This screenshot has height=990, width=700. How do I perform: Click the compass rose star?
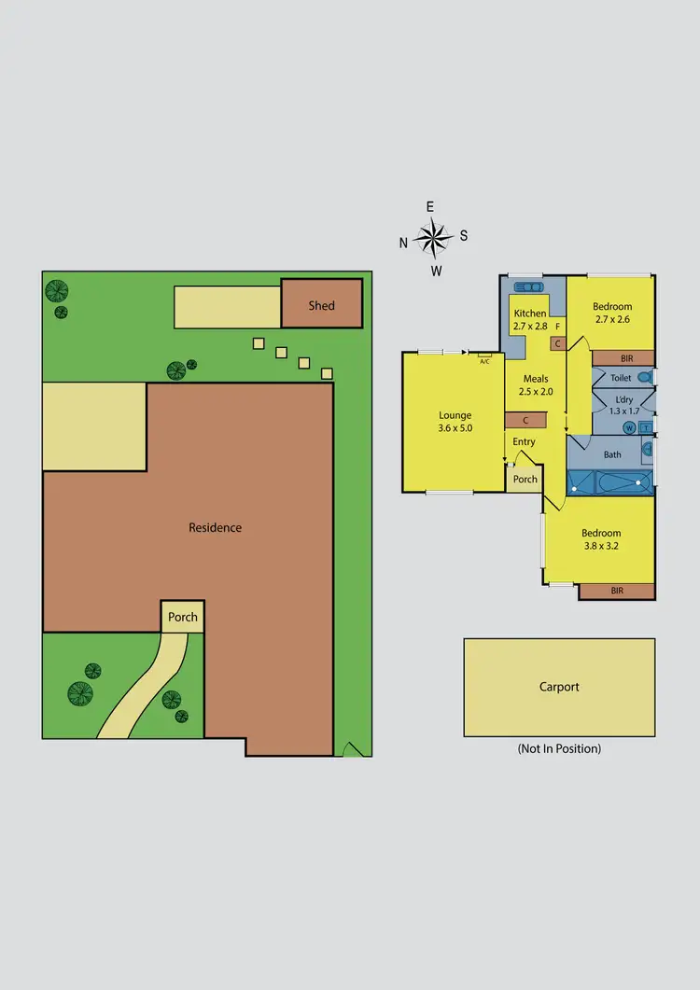[434, 239]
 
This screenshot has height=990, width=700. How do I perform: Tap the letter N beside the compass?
[403, 243]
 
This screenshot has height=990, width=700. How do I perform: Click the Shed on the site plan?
[321, 304]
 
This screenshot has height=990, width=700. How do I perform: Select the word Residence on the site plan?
[215, 527]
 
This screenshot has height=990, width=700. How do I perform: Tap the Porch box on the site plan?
[182, 617]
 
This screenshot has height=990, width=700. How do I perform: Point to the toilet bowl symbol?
[644, 378]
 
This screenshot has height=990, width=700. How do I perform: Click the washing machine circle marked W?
[629, 427]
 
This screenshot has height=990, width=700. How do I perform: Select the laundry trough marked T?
[645, 427]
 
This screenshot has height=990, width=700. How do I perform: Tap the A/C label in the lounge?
[484, 359]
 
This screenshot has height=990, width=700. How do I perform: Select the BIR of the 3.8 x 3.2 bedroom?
[616, 591]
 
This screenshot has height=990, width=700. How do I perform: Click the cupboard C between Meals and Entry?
[525, 421]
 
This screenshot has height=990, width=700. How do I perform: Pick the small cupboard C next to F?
[557, 343]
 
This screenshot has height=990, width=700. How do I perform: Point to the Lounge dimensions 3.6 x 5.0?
[455, 429]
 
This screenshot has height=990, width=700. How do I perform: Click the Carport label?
[559, 687]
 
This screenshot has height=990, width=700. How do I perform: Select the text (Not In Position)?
[559, 748]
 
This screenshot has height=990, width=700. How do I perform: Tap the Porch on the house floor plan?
[525, 479]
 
